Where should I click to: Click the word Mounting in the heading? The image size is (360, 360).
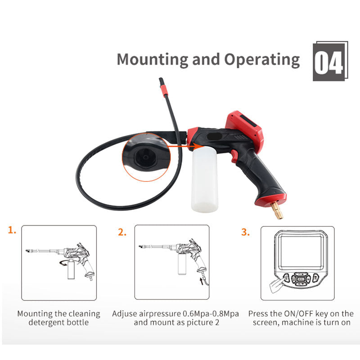(x=153, y=60)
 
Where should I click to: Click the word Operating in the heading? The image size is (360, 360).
(x=262, y=60)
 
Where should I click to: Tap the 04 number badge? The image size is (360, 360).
(x=330, y=61)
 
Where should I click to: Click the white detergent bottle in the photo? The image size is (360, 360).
(x=204, y=179)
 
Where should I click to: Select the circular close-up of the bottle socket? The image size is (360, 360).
(x=146, y=157)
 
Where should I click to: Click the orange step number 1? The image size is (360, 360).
(x=12, y=230)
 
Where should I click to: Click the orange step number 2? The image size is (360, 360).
(x=122, y=232)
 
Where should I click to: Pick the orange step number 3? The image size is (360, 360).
(x=245, y=232)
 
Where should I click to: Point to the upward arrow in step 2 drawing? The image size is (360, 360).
(x=202, y=281)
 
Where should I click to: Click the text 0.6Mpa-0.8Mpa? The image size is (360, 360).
(x=211, y=314)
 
